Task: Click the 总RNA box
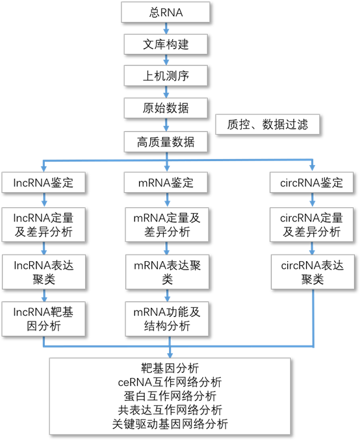click(x=166, y=12)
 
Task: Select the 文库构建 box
click(x=166, y=44)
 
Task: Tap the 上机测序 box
click(x=166, y=76)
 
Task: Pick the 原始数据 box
click(x=166, y=108)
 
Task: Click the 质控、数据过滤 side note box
click(x=268, y=124)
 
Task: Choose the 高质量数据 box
click(x=166, y=142)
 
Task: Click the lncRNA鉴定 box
click(x=44, y=183)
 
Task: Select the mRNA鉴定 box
click(x=166, y=183)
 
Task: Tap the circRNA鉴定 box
click(x=311, y=183)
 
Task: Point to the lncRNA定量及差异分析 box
click(x=44, y=225)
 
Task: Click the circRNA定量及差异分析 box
click(x=311, y=225)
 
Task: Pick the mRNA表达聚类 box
click(x=167, y=272)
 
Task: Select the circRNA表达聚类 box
click(x=313, y=272)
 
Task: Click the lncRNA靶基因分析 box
click(x=44, y=319)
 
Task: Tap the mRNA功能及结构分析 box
click(x=167, y=319)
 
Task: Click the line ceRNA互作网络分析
click(x=170, y=382)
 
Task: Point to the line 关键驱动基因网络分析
click(x=170, y=424)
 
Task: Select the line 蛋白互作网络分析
click(x=170, y=396)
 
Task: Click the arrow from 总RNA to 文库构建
click(x=166, y=28)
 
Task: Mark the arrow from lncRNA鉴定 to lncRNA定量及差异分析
click(x=44, y=200)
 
